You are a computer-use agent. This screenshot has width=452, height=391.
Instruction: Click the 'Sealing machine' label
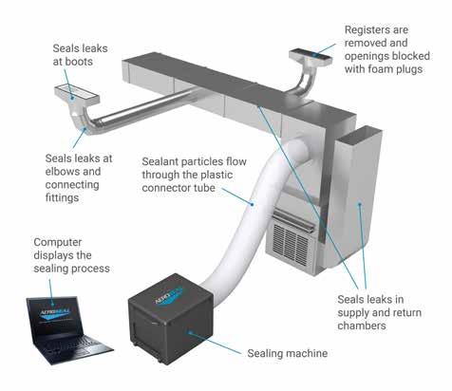(287, 353)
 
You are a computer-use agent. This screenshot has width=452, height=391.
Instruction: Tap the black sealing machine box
(170, 319)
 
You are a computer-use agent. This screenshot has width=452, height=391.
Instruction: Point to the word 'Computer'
(58, 242)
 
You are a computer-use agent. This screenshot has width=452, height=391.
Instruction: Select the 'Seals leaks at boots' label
(80, 55)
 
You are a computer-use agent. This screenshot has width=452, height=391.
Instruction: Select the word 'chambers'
(362, 326)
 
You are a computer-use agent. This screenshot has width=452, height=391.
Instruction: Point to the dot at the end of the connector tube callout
(253, 204)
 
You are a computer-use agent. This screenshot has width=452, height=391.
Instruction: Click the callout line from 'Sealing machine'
(215, 343)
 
